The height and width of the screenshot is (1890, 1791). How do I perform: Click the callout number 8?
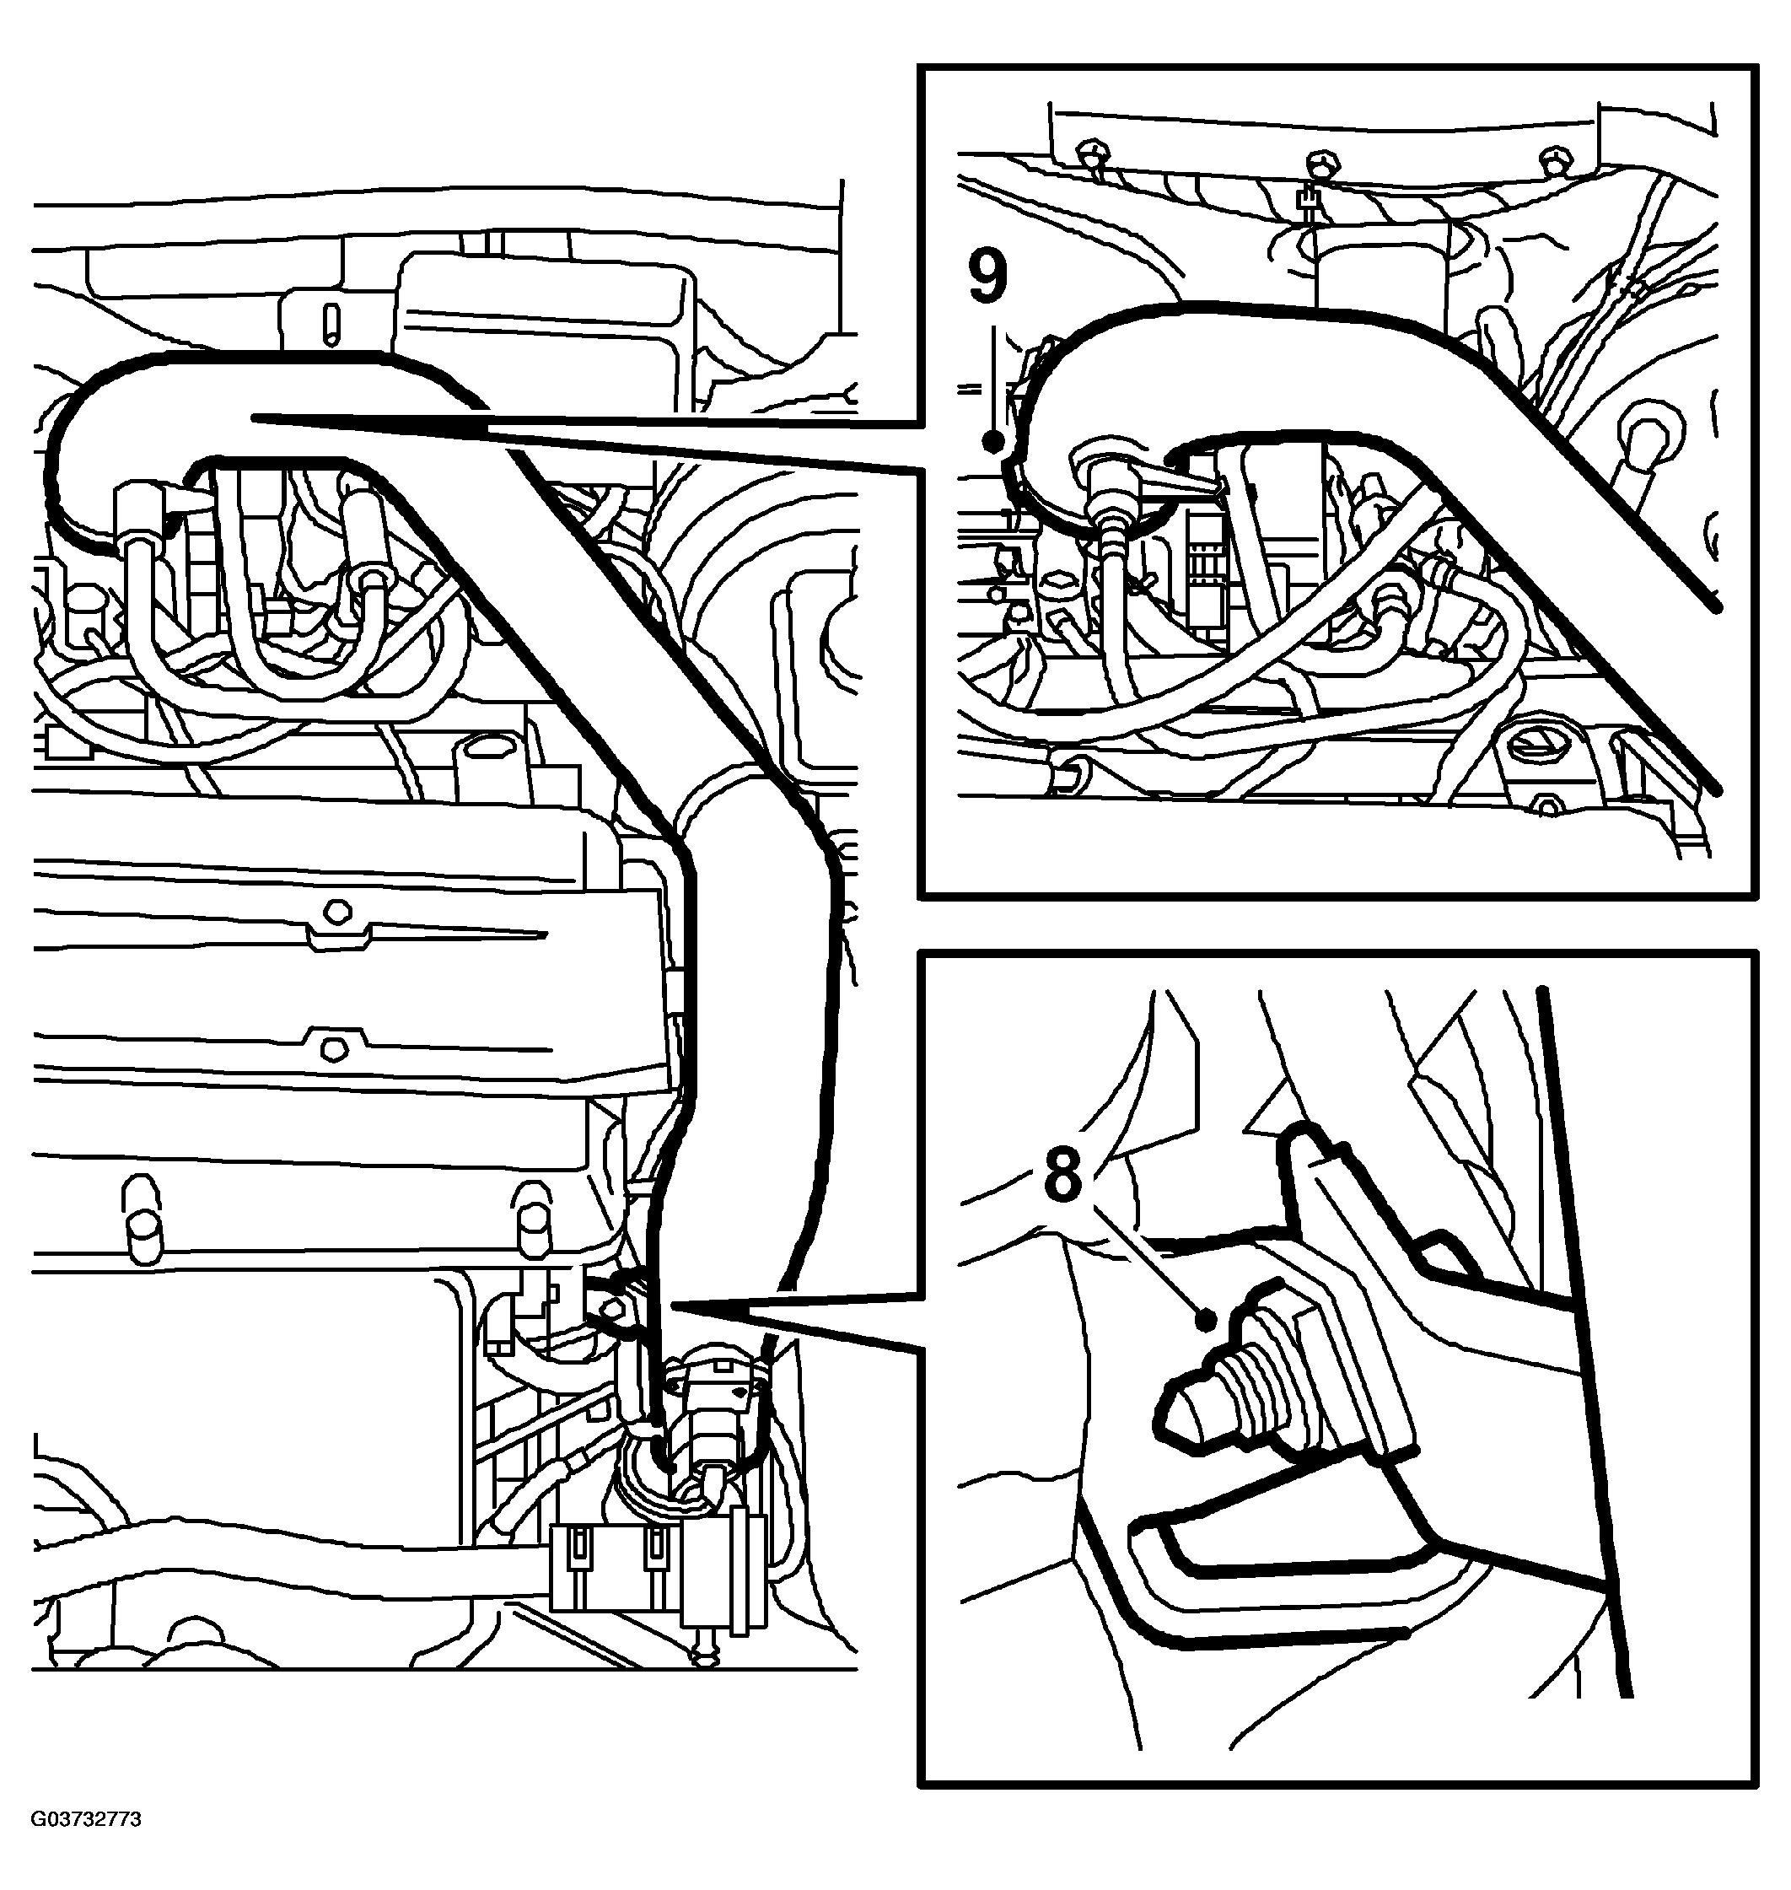coord(1062,1171)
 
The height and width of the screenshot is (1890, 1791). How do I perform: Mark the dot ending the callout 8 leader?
coord(1207,1320)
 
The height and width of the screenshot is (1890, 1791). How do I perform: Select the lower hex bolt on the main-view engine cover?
coord(331,1047)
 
